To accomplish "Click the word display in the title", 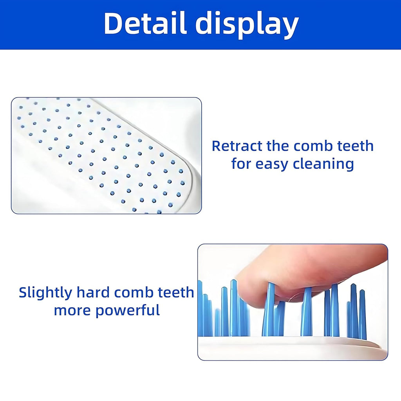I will point(247,24).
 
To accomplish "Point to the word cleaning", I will point(324,164).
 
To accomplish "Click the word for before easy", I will point(241,164).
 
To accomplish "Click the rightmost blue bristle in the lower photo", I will point(363,313).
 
